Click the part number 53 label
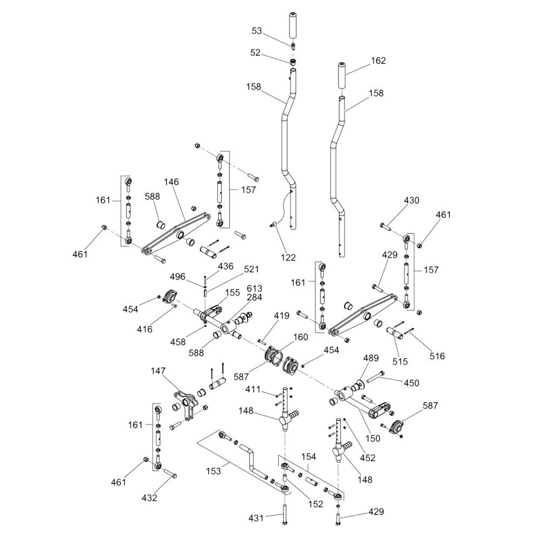point(256,31)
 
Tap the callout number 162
point(378,60)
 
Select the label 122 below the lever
point(288,257)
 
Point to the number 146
point(171,182)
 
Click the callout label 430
point(411,200)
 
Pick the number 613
point(254,288)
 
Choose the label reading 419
point(281,315)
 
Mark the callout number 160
point(300,337)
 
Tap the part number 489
point(371,358)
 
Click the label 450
point(411,383)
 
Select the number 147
point(158,372)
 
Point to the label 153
point(213,471)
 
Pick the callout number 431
point(256,518)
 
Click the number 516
point(437,356)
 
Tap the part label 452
point(367,458)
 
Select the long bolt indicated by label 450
point(375,377)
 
